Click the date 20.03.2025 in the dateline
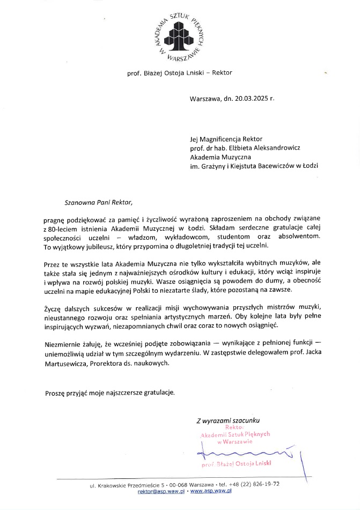click(245, 99)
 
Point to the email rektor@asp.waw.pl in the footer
click(161, 491)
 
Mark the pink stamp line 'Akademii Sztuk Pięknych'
click(235, 435)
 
